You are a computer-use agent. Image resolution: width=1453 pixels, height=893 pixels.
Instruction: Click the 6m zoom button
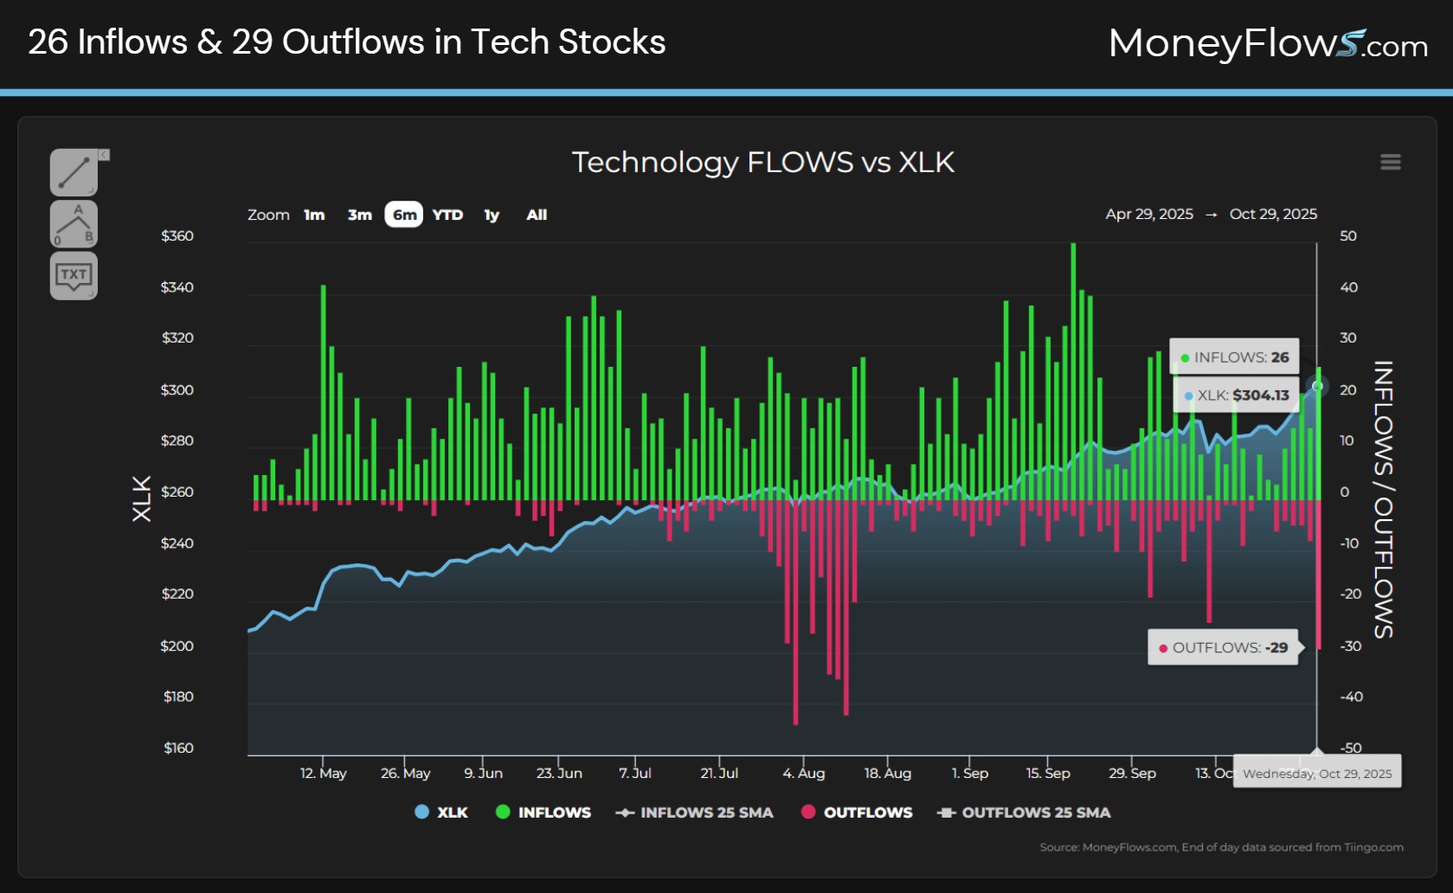point(403,215)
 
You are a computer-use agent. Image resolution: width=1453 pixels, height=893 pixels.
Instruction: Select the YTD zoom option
point(447,215)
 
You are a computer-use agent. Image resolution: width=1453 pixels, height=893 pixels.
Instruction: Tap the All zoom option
point(537,215)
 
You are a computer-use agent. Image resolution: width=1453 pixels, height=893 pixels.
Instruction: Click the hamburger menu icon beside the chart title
point(1390,163)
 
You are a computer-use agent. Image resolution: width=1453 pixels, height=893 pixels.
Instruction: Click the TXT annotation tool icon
point(74,276)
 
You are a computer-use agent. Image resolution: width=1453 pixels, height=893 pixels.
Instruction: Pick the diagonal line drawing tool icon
point(74,172)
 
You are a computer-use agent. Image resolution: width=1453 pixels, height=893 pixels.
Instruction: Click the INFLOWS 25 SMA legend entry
point(694,813)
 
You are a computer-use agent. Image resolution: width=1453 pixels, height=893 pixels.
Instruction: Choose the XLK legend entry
point(441,813)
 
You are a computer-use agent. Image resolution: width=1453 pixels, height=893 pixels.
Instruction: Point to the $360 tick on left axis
point(177,236)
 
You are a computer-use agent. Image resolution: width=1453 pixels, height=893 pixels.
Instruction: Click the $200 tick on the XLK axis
point(177,646)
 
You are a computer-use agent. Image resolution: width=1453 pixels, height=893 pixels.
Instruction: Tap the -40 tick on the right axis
point(1351,697)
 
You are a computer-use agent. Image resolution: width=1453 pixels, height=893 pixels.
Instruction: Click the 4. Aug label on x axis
point(803,773)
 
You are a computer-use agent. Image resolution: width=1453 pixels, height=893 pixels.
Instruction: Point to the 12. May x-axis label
point(323,773)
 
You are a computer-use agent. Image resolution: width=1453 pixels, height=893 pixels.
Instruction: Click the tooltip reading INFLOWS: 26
point(1234,357)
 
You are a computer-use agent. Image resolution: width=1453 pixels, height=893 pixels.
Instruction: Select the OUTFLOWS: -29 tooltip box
point(1223,647)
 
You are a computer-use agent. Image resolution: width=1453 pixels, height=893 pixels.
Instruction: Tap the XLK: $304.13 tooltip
point(1236,395)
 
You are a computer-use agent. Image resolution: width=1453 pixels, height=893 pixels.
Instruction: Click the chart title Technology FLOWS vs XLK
point(762,162)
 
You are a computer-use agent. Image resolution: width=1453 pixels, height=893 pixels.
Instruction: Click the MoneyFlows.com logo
point(1268,43)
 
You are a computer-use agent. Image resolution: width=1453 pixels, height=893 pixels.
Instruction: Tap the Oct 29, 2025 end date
point(1273,214)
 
